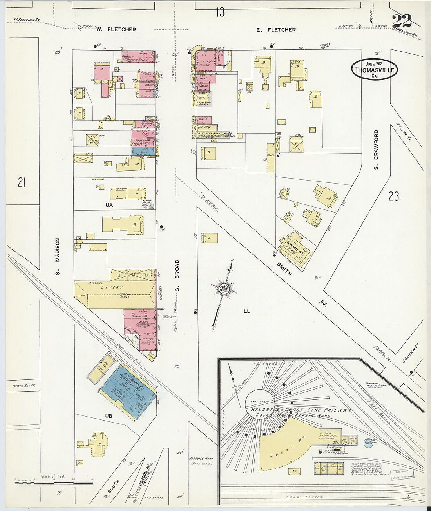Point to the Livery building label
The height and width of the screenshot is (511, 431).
point(113,288)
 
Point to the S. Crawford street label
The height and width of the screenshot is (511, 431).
point(376,150)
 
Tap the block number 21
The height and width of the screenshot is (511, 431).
point(22,182)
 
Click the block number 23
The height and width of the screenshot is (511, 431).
point(393,196)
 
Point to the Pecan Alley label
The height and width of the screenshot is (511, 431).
point(24,386)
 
